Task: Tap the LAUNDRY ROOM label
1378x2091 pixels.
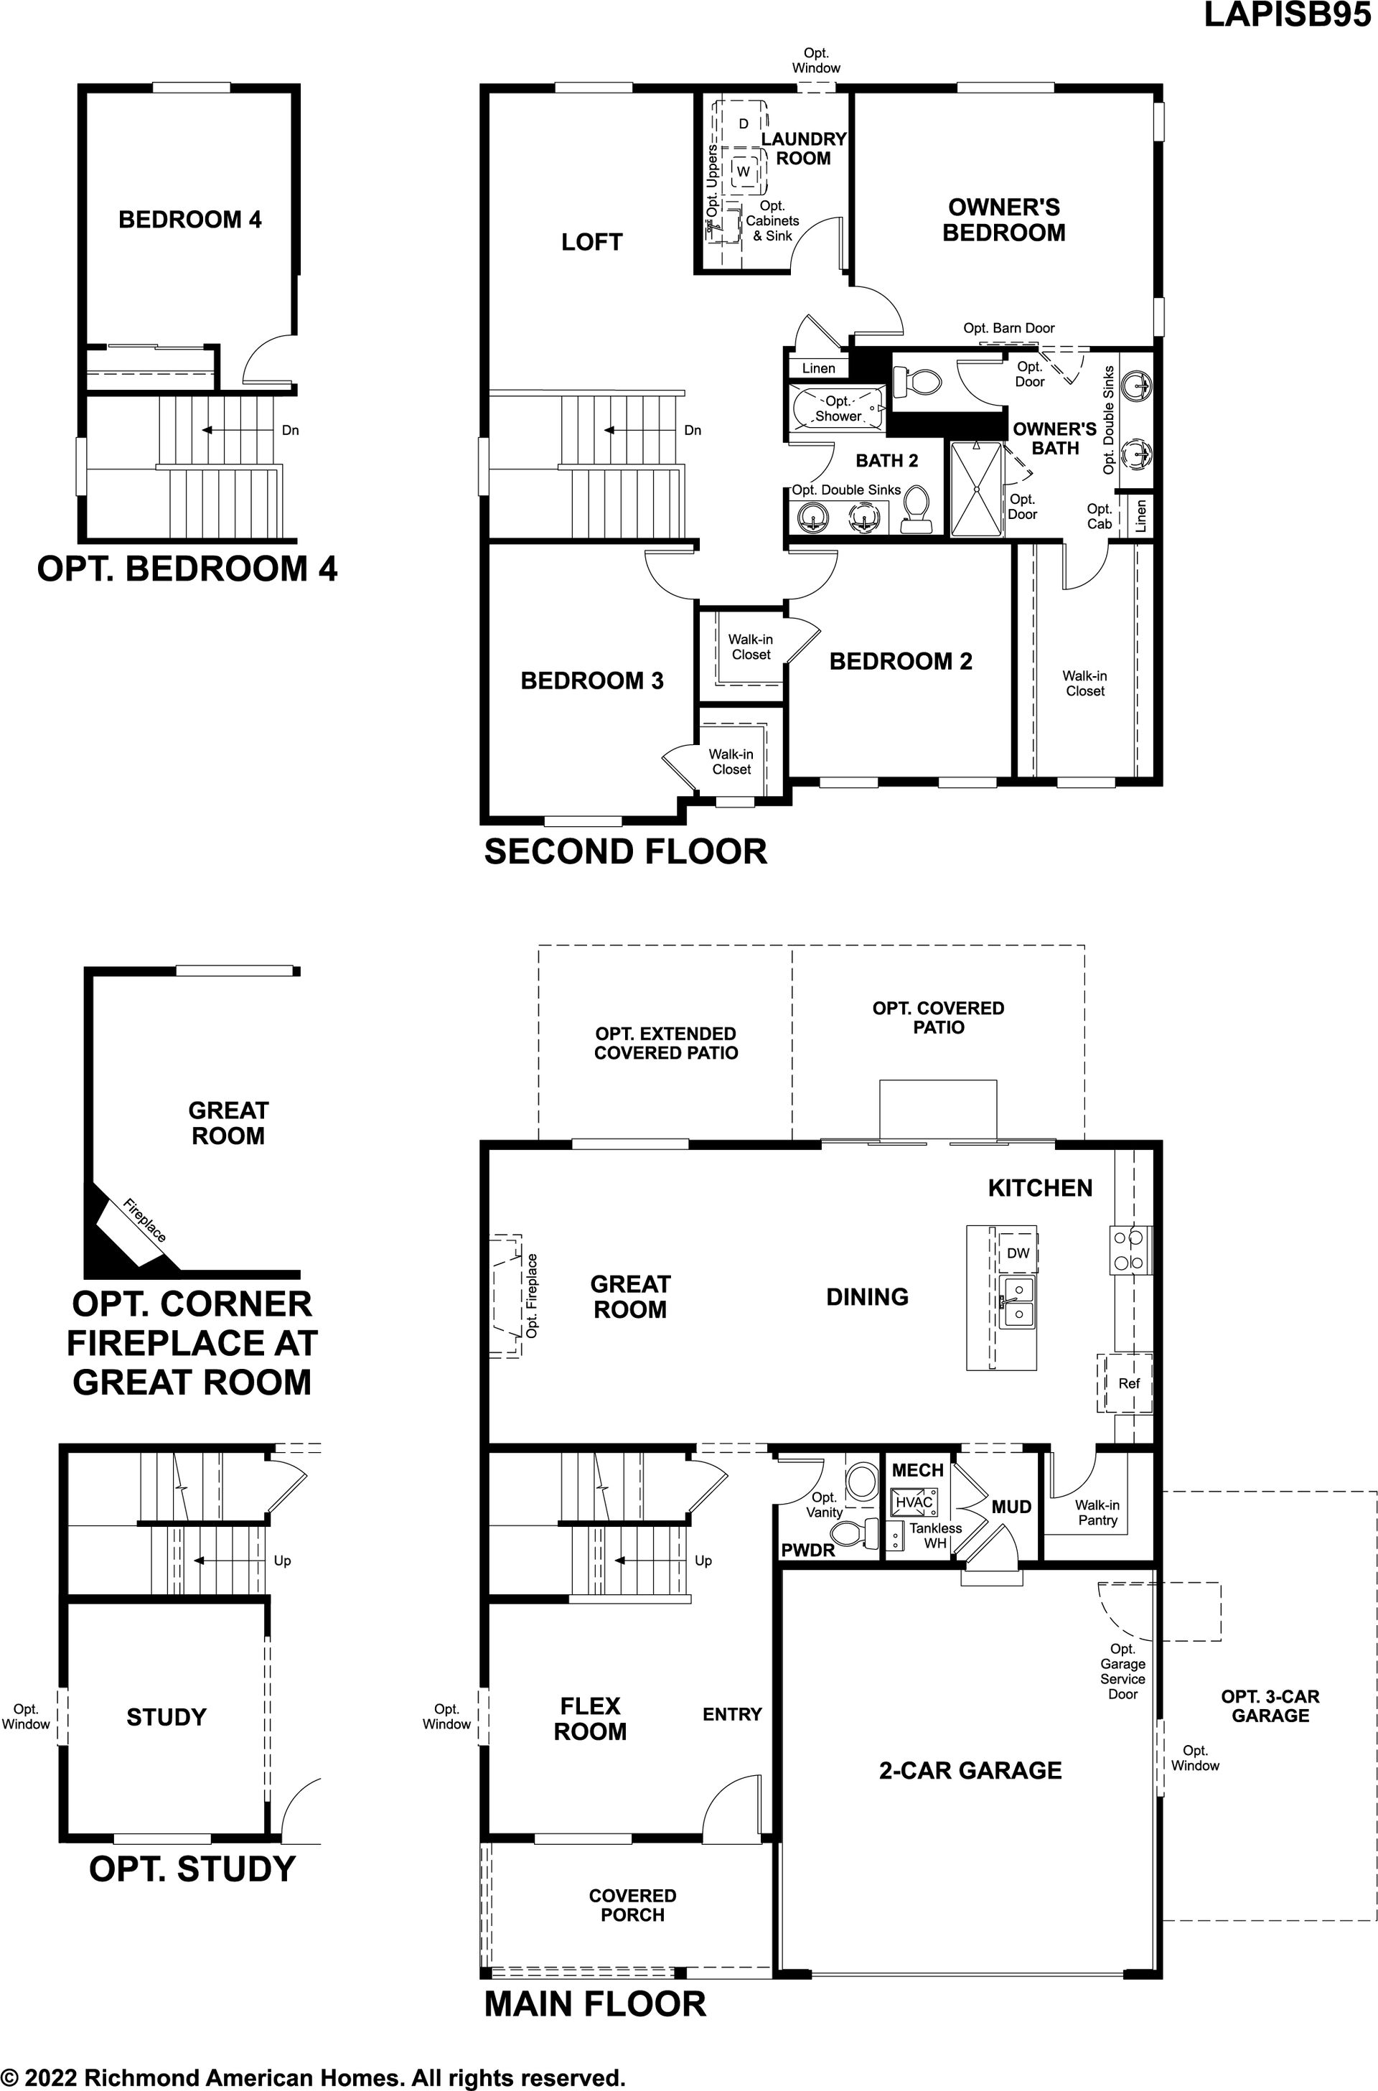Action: pyautogui.click(x=803, y=149)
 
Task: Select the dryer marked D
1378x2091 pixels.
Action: pyautogui.click(x=743, y=123)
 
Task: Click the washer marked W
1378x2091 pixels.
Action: pyautogui.click(x=744, y=171)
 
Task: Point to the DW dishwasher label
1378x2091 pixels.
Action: pyautogui.click(x=1018, y=1253)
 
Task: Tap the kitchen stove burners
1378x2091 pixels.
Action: pyautogui.click(x=1129, y=1250)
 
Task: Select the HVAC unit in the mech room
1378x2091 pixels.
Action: pyautogui.click(x=914, y=1501)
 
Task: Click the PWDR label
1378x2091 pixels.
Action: pyautogui.click(x=807, y=1550)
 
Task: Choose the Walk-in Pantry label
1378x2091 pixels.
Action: pyautogui.click(x=1097, y=1512)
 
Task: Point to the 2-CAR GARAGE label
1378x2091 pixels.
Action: pyautogui.click(x=970, y=1770)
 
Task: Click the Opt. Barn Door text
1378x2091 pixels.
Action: pyautogui.click(x=1009, y=328)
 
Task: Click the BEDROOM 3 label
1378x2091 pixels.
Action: pyautogui.click(x=591, y=680)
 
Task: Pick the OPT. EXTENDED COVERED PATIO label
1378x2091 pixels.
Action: pyautogui.click(x=665, y=1043)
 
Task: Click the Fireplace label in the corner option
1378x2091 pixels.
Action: pyautogui.click(x=144, y=1221)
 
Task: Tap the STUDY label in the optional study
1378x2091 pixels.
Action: pyautogui.click(x=166, y=1716)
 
